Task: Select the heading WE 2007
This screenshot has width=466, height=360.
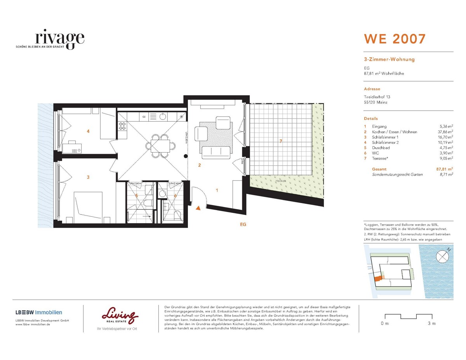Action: coord(394,39)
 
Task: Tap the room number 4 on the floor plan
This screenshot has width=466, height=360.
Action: coord(88,131)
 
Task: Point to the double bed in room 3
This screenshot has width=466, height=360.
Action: coord(89,208)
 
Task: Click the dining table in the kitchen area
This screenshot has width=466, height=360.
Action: coord(158,146)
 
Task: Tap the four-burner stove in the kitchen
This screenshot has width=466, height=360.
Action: coord(122,126)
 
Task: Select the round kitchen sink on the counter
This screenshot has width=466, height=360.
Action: coord(163,116)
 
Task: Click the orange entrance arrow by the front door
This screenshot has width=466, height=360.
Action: coord(198,209)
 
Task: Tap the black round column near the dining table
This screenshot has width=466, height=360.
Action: coord(186,156)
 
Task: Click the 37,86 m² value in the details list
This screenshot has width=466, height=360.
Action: coord(444,132)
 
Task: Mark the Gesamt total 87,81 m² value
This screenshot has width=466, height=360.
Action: coord(444,169)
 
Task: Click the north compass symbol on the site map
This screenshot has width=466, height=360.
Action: coord(442,256)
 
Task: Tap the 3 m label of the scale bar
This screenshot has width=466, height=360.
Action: coord(431,323)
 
